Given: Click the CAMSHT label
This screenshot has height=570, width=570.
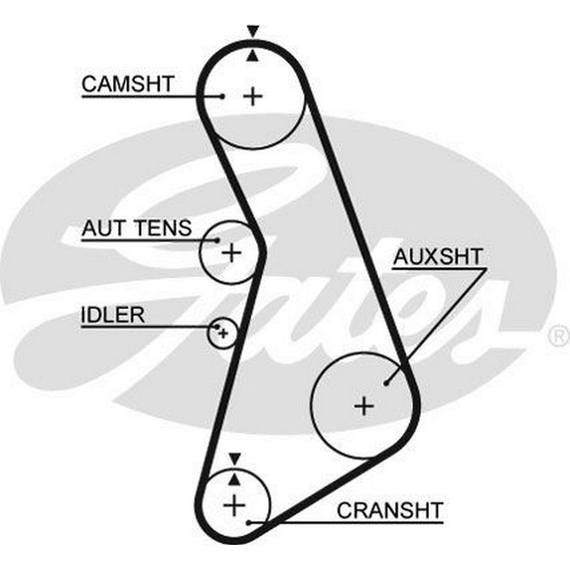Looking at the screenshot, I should click(127, 84).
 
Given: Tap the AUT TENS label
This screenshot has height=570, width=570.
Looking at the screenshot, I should click(136, 229).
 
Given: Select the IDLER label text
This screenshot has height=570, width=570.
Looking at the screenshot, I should click(112, 315).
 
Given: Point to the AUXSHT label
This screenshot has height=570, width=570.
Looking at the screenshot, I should click(438, 257).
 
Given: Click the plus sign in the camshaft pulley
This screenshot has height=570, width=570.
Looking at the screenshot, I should click(253, 96).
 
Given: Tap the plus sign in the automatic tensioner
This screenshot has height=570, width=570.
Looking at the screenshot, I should click(231, 251).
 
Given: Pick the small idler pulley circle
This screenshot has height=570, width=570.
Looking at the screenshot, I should click(222, 332).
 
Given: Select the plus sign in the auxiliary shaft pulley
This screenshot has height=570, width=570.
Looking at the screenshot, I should click(364, 406).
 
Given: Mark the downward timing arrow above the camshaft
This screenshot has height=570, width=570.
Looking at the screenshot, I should click(253, 31).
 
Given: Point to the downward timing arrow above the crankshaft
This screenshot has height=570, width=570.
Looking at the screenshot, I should click(234, 458).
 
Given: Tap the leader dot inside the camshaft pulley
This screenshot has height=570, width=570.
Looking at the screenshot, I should click(222, 96).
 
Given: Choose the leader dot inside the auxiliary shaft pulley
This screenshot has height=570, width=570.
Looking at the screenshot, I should click(386, 383).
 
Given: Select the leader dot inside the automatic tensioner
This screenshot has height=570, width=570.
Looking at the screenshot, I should click(217, 240).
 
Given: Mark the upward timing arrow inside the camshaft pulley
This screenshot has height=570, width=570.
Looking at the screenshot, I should click(253, 55).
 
